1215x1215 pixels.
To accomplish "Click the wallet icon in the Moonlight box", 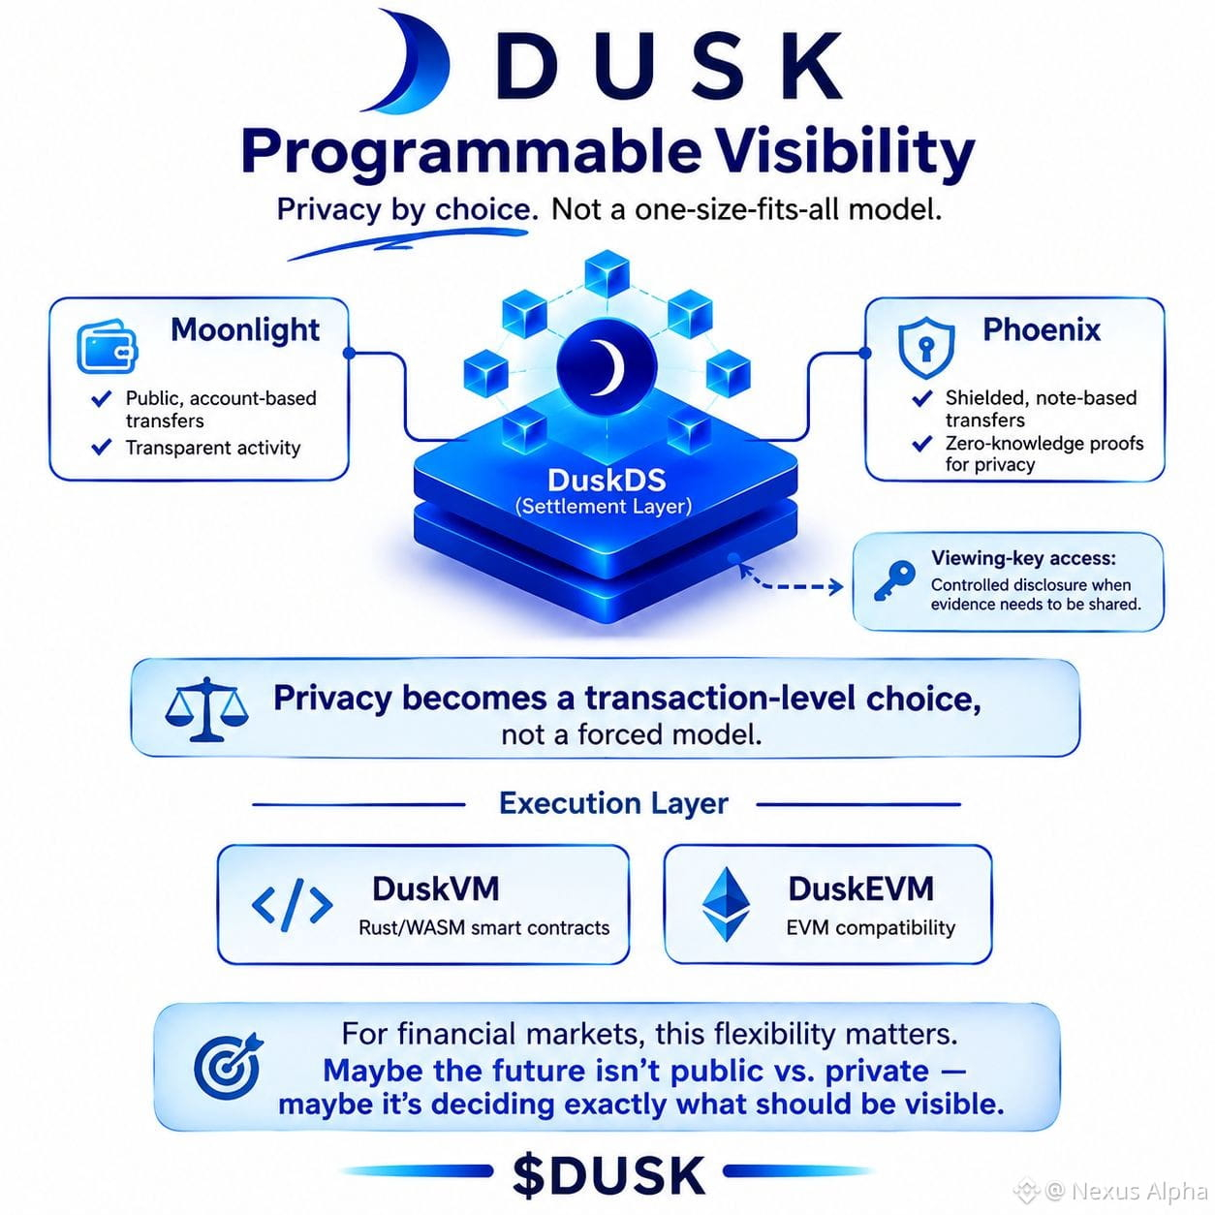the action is point(107,347).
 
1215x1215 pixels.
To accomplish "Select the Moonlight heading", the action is point(245,329).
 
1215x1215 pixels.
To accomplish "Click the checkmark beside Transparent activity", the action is point(102,447).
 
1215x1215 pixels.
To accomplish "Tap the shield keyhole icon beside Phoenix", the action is point(925,348).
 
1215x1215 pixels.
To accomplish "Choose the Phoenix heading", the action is point(1042,329).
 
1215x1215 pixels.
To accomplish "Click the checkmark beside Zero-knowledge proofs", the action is point(921,444).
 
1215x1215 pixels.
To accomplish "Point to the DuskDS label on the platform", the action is point(607,481).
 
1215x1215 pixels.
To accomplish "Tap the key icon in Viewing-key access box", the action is point(894,580).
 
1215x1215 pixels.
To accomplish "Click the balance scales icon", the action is point(206,709).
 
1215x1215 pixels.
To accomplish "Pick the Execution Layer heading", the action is point(613,803).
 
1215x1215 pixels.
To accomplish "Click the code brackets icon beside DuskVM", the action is point(292,905).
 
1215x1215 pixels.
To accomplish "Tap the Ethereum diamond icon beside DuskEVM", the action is point(727,904).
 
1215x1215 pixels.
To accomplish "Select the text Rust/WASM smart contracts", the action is point(483,927).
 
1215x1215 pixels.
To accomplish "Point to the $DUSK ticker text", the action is point(609,1175).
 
